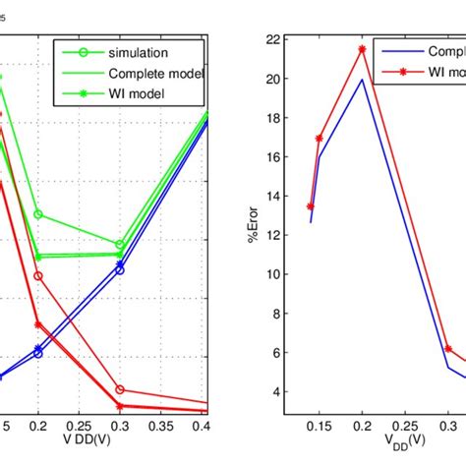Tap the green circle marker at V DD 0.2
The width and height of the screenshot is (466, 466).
pos(38,214)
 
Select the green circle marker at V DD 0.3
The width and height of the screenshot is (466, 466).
pos(120,245)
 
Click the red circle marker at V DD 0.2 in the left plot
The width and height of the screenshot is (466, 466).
pos(38,276)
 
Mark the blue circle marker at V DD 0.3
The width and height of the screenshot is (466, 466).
pos(120,268)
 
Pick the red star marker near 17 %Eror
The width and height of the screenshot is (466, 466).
pos(320,139)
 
